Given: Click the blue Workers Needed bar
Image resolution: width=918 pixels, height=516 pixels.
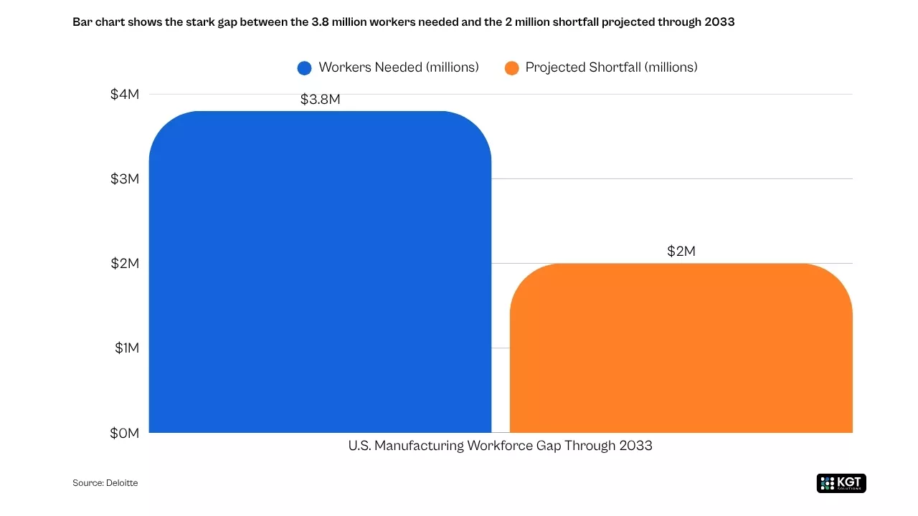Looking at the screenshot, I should click(320, 272).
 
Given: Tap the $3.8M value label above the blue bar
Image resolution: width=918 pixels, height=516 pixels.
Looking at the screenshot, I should click(320, 100).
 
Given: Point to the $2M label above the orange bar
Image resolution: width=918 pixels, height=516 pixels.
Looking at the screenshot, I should click(681, 252).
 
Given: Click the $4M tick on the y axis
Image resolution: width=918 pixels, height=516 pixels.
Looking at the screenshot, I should click(124, 95).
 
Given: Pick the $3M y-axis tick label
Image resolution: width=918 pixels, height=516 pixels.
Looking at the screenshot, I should click(124, 179).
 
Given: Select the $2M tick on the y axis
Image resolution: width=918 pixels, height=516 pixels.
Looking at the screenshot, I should click(124, 264).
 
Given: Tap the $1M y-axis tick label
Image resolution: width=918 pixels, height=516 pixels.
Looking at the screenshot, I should click(126, 348).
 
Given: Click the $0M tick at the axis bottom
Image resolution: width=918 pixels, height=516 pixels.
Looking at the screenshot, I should click(124, 433).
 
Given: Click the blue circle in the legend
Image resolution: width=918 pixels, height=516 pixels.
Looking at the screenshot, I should click(305, 68).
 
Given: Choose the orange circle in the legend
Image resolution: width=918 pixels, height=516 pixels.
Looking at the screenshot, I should click(511, 68).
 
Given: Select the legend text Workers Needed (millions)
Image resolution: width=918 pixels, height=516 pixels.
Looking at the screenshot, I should click(398, 67).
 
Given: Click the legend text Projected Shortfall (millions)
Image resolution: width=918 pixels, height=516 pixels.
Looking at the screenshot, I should click(611, 67).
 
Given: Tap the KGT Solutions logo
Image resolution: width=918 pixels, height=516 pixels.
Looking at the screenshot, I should click(841, 483).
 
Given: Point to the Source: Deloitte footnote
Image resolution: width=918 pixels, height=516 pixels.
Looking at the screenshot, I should click(105, 483).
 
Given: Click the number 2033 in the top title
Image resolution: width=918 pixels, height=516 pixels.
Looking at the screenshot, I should click(719, 21).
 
